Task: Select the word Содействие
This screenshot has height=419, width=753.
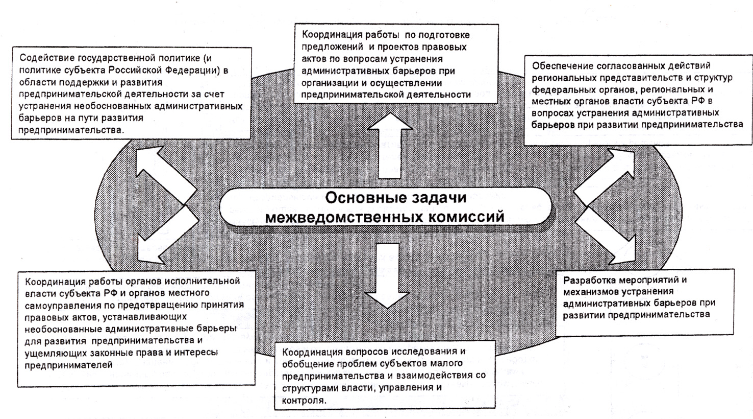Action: [x=42, y=58]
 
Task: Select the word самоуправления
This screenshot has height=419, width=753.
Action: [x=59, y=305]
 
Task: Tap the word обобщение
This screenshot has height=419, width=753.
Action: [x=308, y=364]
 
